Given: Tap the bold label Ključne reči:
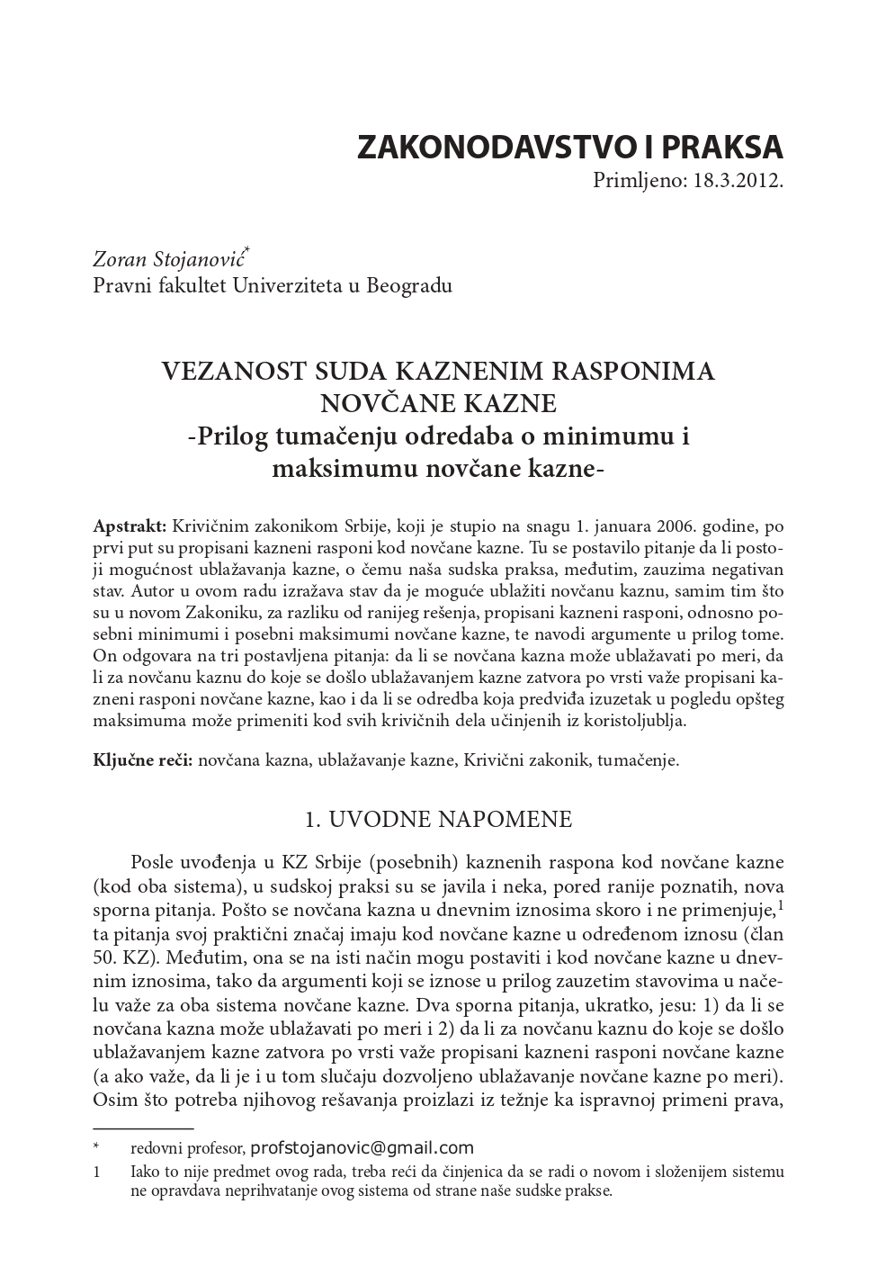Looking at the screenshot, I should [143, 760].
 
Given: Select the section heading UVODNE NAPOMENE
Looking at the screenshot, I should [450, 820].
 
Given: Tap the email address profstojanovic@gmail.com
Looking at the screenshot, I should [362, 1147].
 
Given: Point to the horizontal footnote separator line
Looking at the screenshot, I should [143, 1127].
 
